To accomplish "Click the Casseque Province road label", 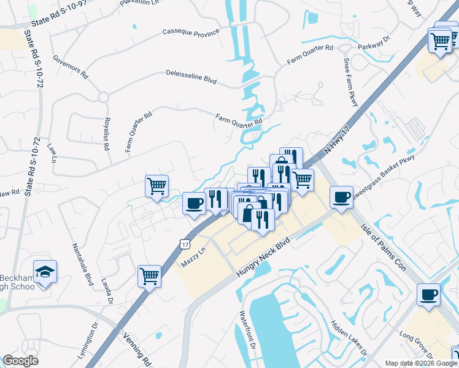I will point(191,32).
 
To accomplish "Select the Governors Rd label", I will point(71,67).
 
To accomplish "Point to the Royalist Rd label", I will point(106,134).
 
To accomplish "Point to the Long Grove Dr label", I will point(417,344).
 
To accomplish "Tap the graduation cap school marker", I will point(45,271).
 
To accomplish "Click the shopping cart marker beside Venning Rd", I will point(149,277).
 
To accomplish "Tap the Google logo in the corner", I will point(20,361).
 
